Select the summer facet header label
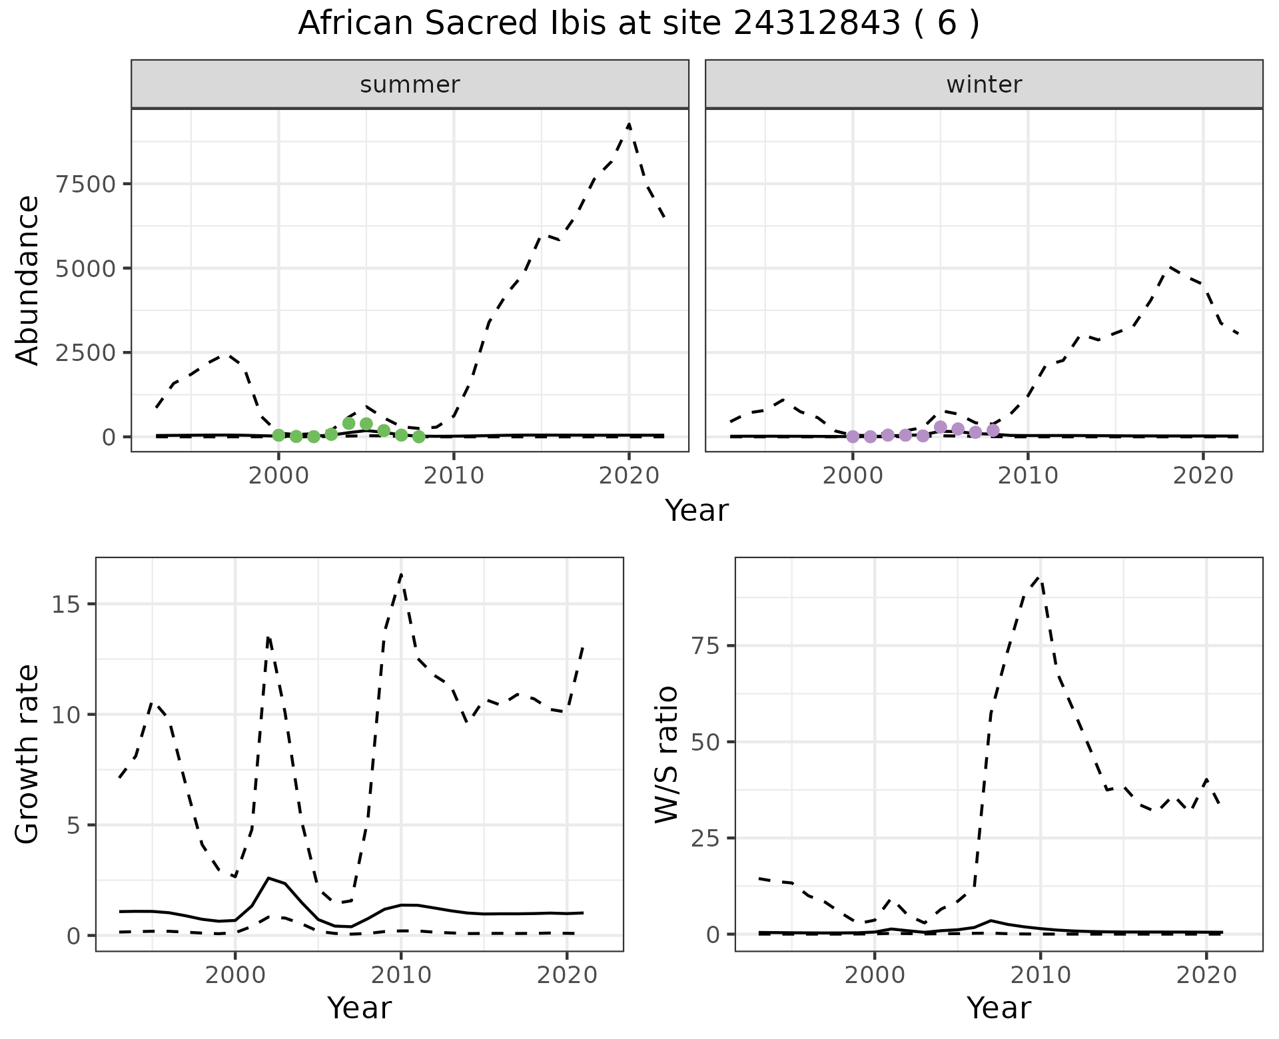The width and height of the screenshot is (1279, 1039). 410,85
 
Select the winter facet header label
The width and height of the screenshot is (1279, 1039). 984,85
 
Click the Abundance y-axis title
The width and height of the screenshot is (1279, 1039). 28,280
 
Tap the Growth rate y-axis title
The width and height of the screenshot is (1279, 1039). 28,754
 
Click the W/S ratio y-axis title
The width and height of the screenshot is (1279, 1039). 667,754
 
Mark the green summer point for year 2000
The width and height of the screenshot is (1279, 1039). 278,436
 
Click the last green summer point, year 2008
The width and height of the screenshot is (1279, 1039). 418,437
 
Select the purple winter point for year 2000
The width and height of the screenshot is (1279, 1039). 853,437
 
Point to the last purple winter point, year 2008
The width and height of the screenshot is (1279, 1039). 993,430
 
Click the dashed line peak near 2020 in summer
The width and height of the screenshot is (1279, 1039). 629,124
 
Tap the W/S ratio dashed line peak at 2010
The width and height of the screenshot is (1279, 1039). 1040,578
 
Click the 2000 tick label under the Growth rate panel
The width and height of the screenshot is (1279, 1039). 234,975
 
